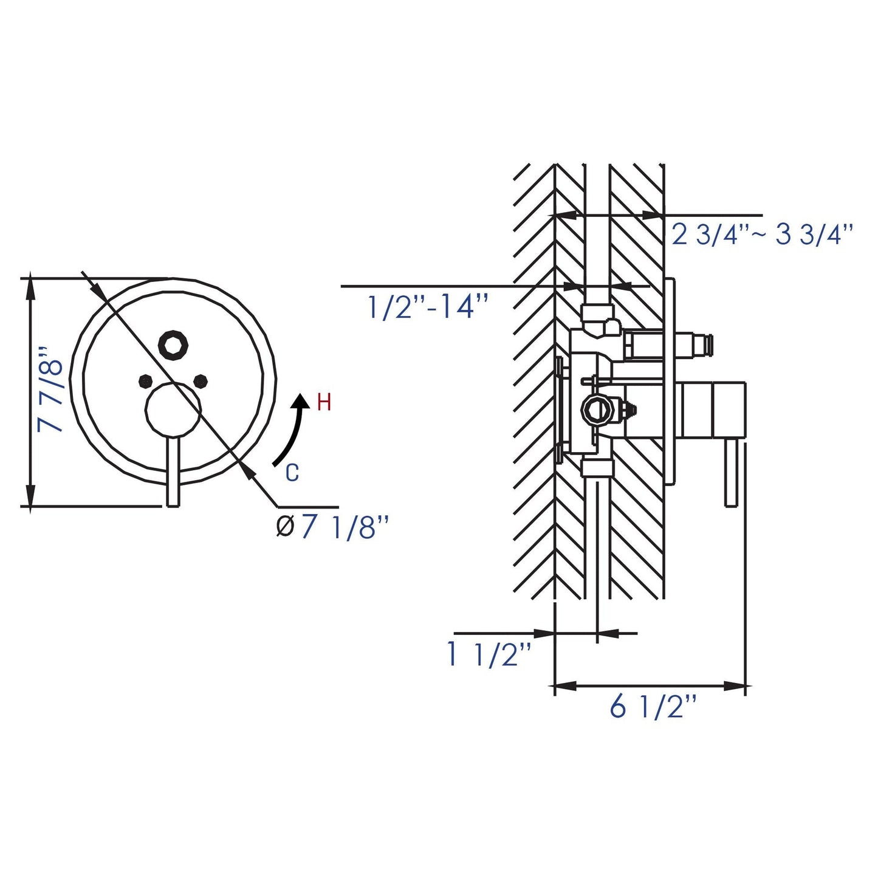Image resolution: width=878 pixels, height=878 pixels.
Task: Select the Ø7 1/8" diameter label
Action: [x=332, y=527]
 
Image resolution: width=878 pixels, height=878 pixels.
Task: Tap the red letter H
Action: [x=324, y=402]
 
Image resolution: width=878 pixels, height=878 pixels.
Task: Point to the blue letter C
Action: [x=292, y=473]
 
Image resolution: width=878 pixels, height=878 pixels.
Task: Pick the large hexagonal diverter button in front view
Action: [x=173, y=345]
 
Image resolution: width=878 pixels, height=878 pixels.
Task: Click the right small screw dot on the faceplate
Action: [x=201, y=381]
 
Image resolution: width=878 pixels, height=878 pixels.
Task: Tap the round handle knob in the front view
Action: [x=173, y=411]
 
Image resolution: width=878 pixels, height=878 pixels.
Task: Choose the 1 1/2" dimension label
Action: [x=489, y=654]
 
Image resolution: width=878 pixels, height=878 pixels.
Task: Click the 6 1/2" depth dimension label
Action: [x=653, y=708]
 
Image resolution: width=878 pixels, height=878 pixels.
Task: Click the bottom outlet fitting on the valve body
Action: [x=597, y=467]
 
